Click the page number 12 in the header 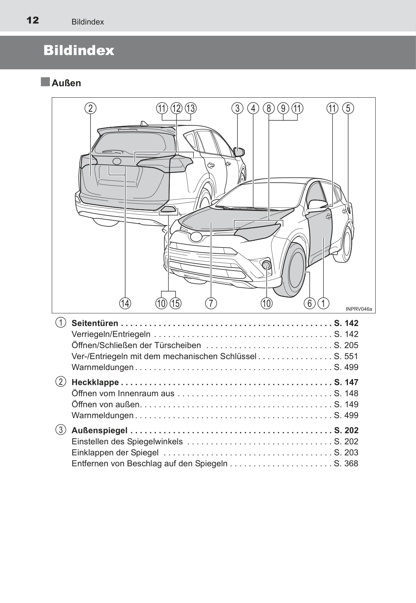point(33,20)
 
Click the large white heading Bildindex point(79,50)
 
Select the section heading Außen point(66,83)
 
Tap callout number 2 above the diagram point(90,108)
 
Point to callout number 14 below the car point(125,303)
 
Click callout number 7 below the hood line point(211,303)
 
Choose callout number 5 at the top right point(348,108)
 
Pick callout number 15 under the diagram point(176,303)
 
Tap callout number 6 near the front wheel point(309,303)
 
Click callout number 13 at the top point(191,108)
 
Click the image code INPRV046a point(359,309)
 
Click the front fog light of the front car point(266,265)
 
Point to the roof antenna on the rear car point(144,124)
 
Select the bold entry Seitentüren point(95,323)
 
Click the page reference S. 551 point(346,356)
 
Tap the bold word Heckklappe point(95,382)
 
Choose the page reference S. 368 point(346,463)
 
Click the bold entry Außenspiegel point(99,431)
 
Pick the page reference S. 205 point(346,345)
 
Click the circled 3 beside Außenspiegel point(61,430)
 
